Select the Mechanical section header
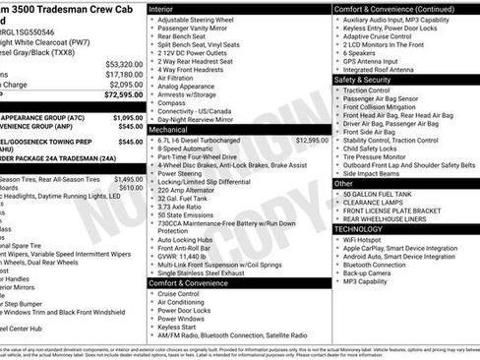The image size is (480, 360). pos(168,129)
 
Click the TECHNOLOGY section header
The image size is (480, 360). pos(365,229)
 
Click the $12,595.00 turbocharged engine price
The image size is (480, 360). pos(312,140)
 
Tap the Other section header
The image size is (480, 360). pos(343,183)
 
